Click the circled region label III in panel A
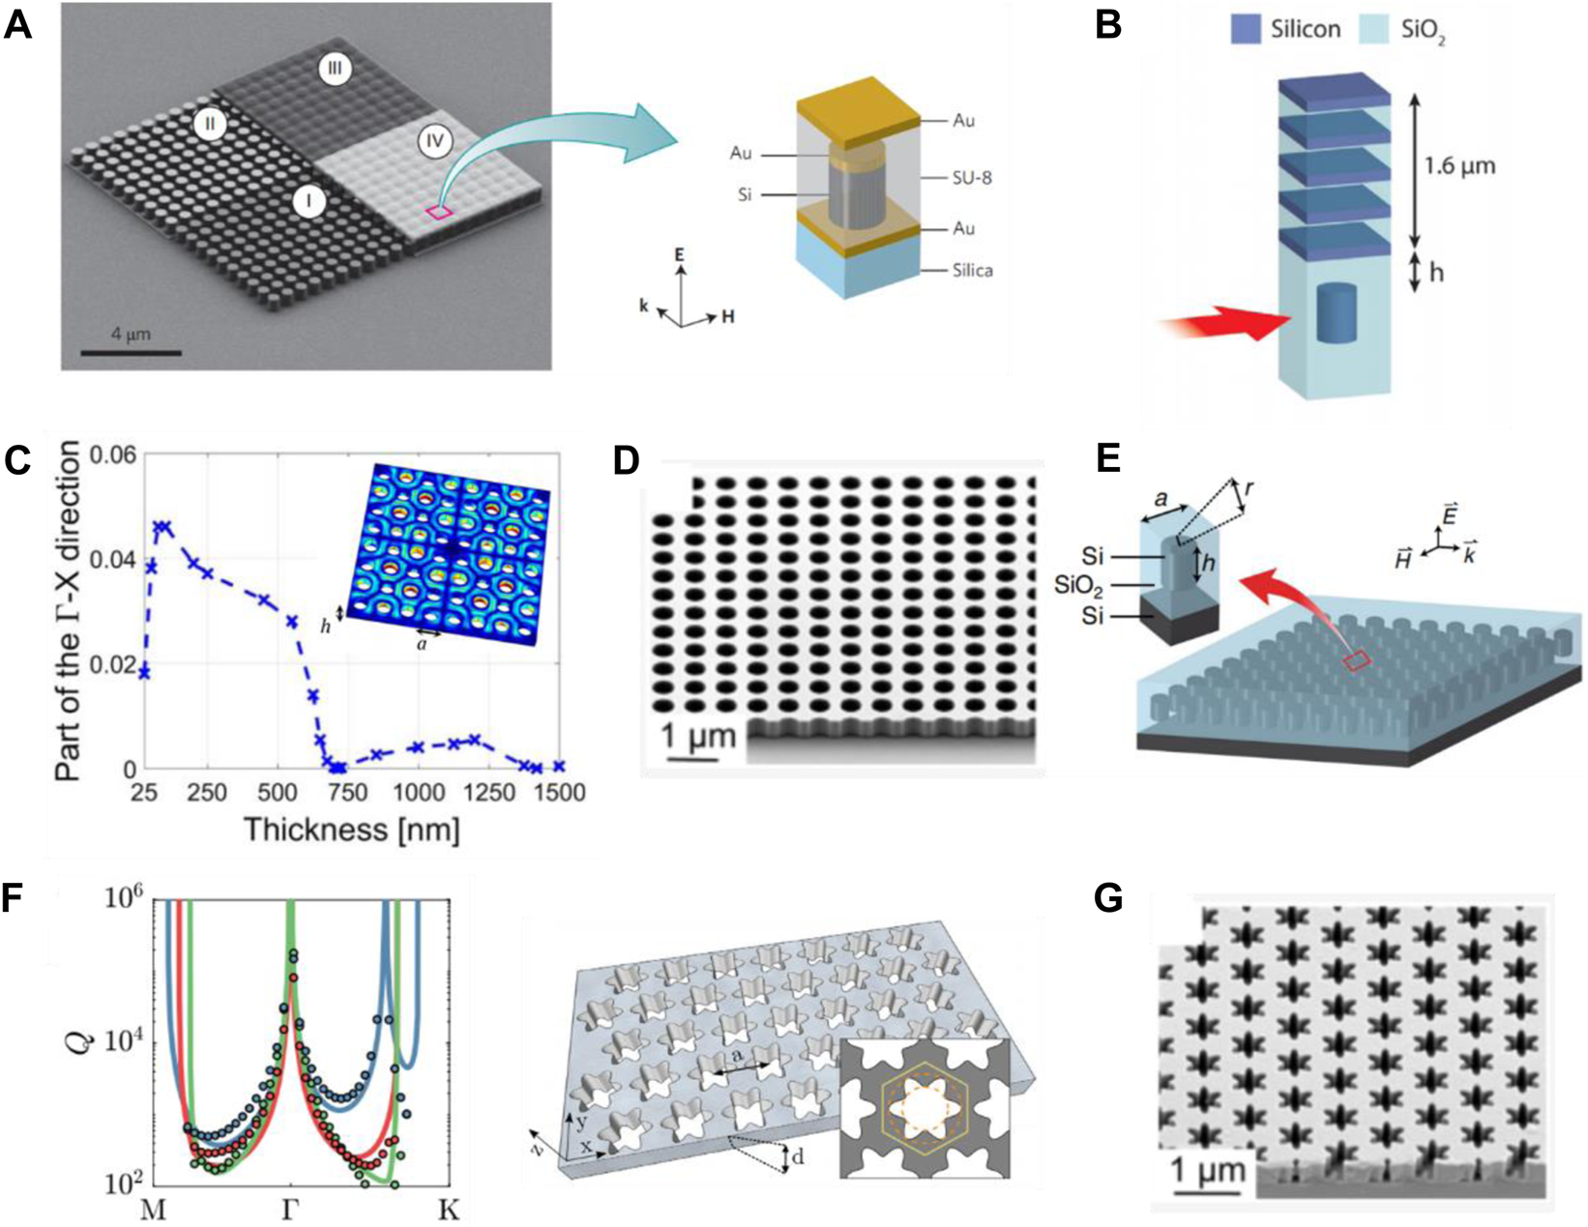[x=336, y=69]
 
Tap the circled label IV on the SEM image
[x=435, y=141]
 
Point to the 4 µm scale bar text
[x=131, y=335]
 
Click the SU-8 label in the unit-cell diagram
[x=972, y=178]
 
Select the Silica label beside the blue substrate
[x=972, y=271]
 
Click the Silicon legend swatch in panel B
[x=1246, y=29]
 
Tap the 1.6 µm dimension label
[x=1459, y=165]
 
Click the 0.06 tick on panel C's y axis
[x=112, y=454]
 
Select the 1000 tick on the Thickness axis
[x=419, y=793]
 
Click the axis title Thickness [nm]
[x=351, y=829]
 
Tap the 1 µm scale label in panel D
[x=698, y=737]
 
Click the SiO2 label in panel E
[x=1079, y=587]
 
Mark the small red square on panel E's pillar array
[x=1357, y=660]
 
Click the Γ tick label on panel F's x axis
[x=289, y=1210]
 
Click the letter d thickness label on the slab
[x=800, y=1157]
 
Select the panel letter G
[x=1108, y=898]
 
